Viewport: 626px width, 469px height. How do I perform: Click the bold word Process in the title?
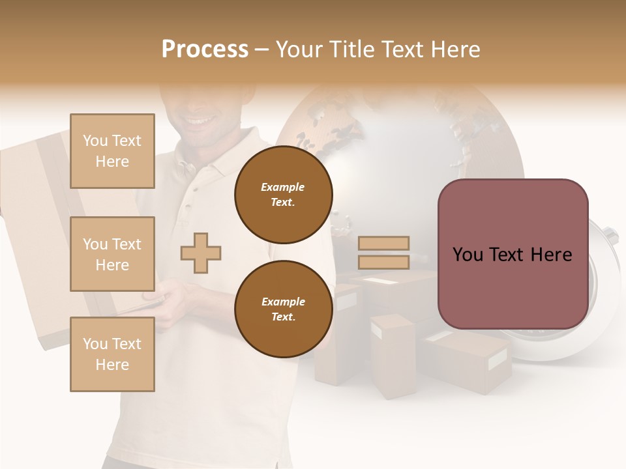[205, 49]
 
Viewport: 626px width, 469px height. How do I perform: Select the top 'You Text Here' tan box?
[112, 151]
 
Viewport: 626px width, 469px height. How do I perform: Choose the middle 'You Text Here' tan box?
[112, 254]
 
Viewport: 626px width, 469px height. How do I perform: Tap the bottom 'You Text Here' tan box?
[112, 354]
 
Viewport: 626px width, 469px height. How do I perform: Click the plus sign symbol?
[201, 253]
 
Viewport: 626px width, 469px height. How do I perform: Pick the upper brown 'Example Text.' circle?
[283, 194]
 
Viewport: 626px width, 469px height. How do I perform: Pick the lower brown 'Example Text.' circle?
[283, 309]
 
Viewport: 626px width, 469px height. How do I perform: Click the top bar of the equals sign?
[383, 243]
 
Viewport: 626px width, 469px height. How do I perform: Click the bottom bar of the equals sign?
[383, 262]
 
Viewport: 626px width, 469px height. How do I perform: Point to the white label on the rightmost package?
[497, 358]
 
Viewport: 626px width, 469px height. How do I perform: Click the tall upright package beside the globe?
[393, 355]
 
